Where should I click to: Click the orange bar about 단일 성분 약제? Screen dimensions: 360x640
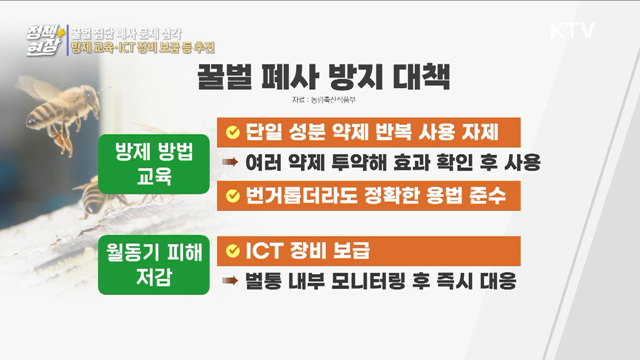(x=369, y=131)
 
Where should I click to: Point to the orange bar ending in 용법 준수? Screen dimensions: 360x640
(x=369, y=194)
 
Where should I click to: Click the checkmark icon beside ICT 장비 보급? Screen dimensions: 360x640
(x=232, y=247)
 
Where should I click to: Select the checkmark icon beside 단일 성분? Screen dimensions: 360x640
(x=232, y=132)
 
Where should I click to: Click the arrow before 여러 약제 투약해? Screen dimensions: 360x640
(x=231, y=163)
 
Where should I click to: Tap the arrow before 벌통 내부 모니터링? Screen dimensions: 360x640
(x=231, y=278)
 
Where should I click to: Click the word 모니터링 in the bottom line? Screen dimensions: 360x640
(x=383, y=278)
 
